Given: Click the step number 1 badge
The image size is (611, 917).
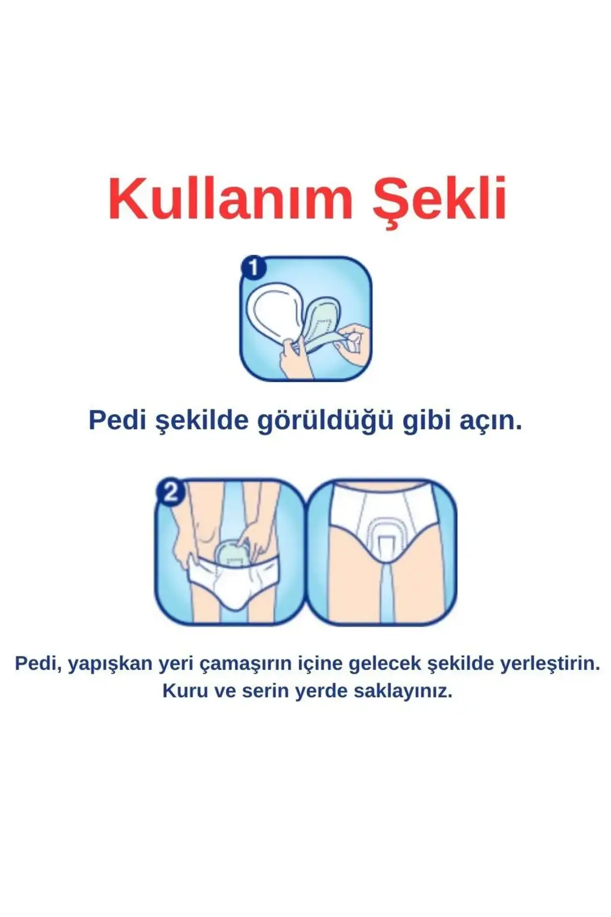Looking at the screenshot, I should [254, 268].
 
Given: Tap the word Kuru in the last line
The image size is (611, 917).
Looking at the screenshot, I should [184, 691].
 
